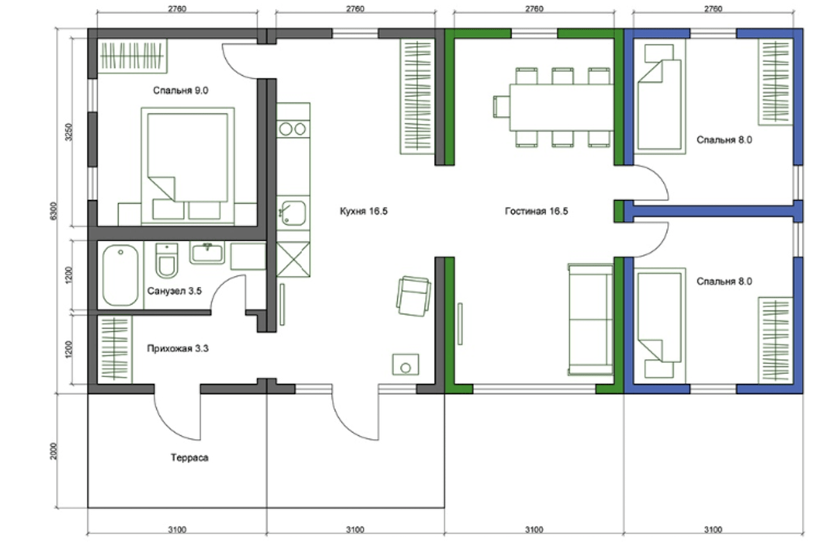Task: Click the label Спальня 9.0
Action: (181, 91)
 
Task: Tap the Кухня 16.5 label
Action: (364, 211)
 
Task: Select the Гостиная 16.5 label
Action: (536, 211)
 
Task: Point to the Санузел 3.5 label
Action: (174, 291)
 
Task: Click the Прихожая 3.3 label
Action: (178, 348)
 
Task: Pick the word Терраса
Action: (190, 458)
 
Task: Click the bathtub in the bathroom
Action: (121, 276)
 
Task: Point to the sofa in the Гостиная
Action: (590, 320)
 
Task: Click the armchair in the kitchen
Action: (414, 296)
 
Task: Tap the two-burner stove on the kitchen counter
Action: (292, 128)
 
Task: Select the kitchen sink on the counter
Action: (292, 213)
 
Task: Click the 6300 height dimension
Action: (54, 211)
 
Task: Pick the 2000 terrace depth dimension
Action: (54, 451)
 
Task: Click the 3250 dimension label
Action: (69, 132)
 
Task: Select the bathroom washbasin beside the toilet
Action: (207, 253)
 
